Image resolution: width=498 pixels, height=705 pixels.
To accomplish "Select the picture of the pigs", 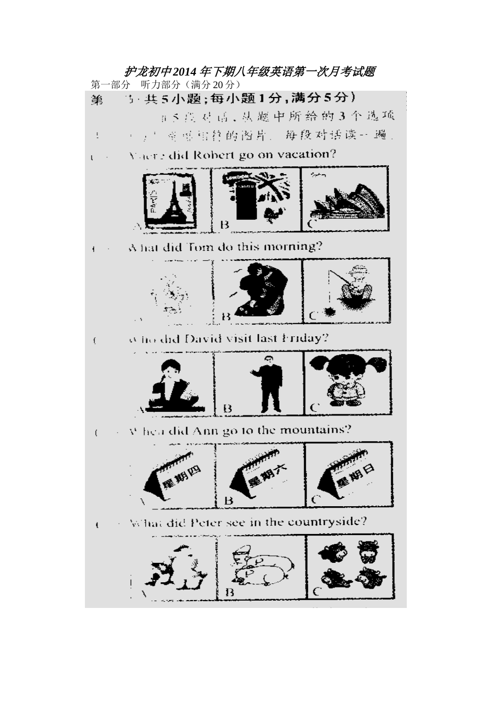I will tap(261, 567).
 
